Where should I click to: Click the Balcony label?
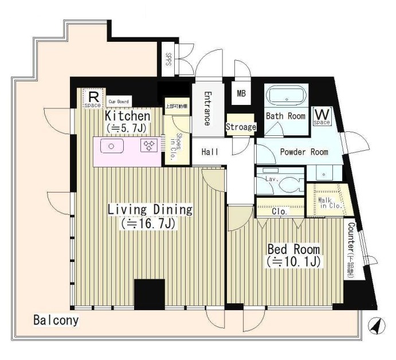pos(55,320)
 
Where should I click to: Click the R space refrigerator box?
pos(92,97)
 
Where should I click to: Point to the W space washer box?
pos(321,116)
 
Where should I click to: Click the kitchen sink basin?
pos(112,146)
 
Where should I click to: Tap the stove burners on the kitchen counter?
pos(150,146)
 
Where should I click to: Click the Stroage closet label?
pos(240,127)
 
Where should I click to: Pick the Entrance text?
pos(207,109)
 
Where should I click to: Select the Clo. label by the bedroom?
pos(279,211)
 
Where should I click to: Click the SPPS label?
pos(168,60)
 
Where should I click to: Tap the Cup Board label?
pos(121,99)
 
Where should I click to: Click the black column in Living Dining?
pos(149,294)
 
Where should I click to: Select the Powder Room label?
pos(303,152)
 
